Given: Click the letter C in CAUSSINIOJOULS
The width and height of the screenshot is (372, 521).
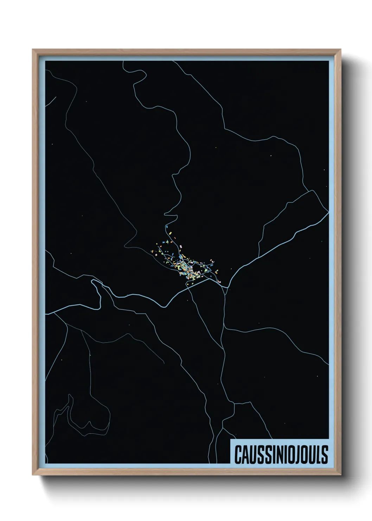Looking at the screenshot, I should [237, 455].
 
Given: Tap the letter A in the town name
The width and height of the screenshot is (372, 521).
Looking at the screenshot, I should [245, 455].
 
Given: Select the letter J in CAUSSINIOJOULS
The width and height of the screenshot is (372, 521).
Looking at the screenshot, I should [295, 455].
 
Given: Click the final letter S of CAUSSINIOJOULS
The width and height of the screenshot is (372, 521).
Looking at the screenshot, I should [324, 455].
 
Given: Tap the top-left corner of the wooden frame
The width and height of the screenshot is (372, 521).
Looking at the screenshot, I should [33, 50].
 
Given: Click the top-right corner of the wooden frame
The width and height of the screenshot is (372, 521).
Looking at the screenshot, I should [341, 50].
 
